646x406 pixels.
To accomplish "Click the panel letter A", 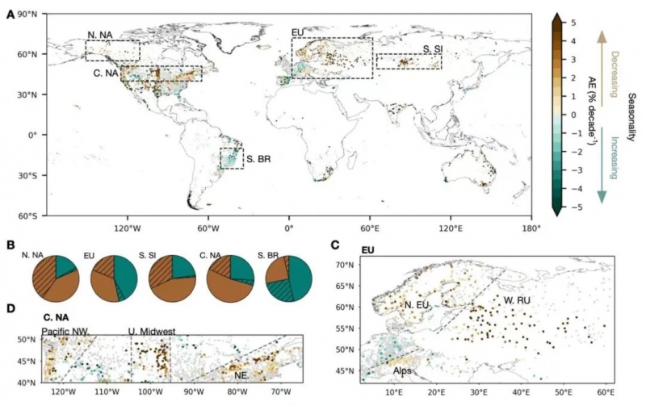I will tap(10, 15).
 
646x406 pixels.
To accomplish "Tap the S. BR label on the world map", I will tap(258, 158).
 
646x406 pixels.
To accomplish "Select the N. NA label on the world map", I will tap(103, 35).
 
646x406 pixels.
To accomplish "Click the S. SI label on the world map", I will tap(433, 49).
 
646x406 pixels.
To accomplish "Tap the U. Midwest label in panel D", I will tap(153, 331).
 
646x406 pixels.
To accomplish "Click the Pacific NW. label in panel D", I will tap(71, 330).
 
